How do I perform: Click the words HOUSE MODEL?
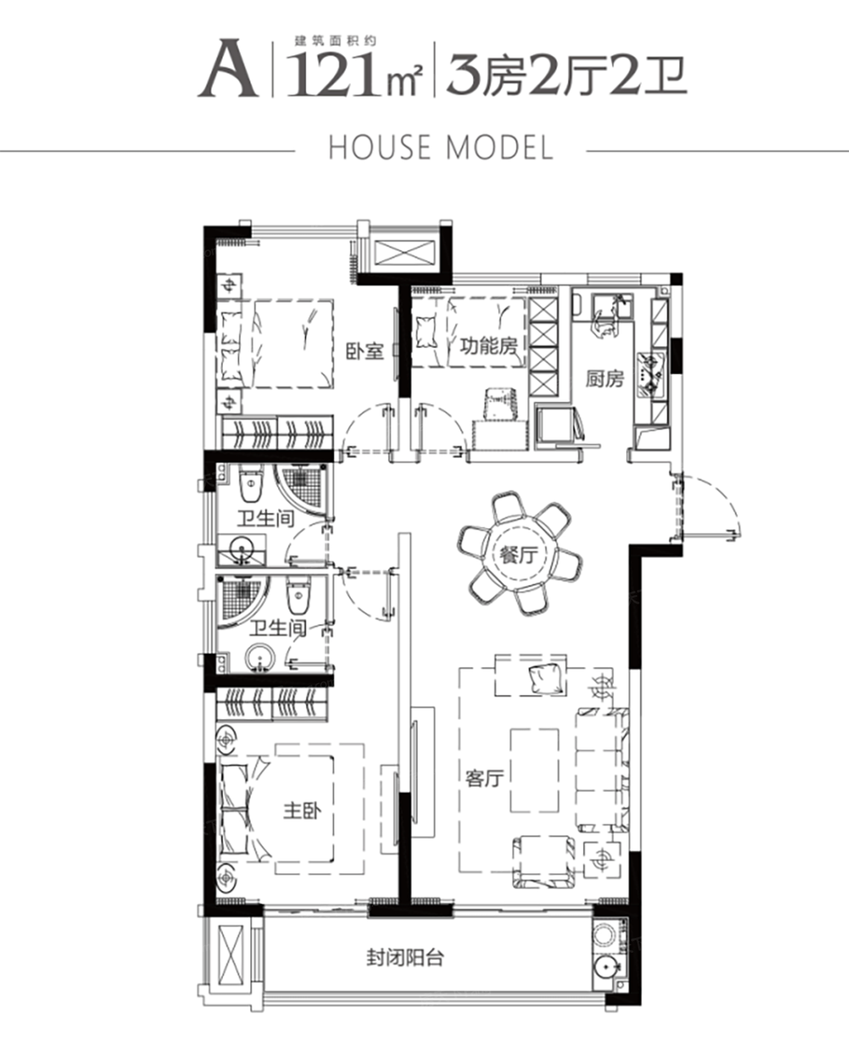click(x=441, y=147)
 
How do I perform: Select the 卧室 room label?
click(x=365, y=351)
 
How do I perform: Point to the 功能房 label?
click(x=488, y=346)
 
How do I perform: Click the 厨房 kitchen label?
click(x=605, y=378)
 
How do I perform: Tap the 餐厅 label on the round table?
click(x=519, y=555)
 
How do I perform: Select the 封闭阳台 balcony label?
click(x=405, y=957)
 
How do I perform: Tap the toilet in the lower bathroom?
click(x=298, y=595)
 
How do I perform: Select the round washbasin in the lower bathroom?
click(x=259, y=657)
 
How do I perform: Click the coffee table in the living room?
click(x=534, y=770)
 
